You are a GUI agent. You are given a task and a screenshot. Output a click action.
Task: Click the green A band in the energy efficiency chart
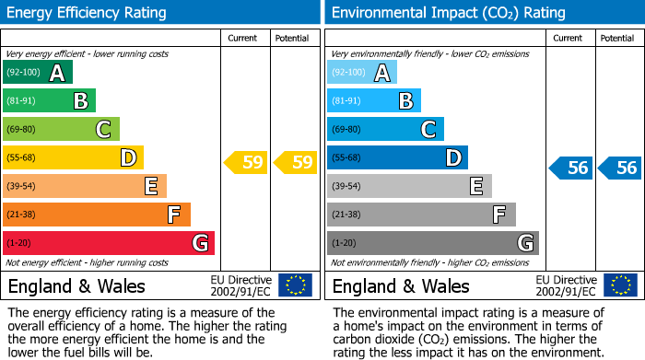coord(37,73)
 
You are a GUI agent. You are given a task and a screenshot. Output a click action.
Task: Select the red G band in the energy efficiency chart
coord(108,243)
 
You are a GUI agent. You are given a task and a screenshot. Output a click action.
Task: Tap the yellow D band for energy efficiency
coord(73,158)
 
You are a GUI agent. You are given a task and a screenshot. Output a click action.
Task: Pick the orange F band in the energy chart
coord(96,215)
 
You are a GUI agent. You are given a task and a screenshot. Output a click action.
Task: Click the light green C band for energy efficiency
coord(61,130)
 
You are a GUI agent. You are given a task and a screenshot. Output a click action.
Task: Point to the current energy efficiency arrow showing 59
coord(245,163)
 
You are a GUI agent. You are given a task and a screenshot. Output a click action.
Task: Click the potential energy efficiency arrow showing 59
coord(295,163)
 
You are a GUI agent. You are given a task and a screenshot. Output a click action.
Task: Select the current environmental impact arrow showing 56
coord(570,168)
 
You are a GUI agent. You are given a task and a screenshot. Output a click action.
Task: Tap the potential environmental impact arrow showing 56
coord(619,168)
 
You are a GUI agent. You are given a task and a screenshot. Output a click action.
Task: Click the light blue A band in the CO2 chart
coord(361,73)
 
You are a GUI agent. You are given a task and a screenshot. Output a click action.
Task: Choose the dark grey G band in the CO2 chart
coord(432,243)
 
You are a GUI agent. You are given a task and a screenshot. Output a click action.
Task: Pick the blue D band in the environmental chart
coord(397,158)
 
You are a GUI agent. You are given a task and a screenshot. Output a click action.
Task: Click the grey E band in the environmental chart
coord(409,186)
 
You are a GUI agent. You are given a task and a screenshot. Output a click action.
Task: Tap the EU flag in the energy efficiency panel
coord(295,285)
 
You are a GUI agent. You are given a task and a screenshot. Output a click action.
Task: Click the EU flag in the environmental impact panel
coord(619,285)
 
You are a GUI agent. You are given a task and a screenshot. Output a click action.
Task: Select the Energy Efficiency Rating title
coord(88,13)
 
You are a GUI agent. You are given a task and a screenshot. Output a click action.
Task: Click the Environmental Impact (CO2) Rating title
coord(448,13)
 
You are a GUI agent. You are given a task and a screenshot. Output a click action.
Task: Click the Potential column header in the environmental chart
coord(617,38)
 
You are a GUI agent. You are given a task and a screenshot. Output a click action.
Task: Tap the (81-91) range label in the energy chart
coord(23,101)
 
